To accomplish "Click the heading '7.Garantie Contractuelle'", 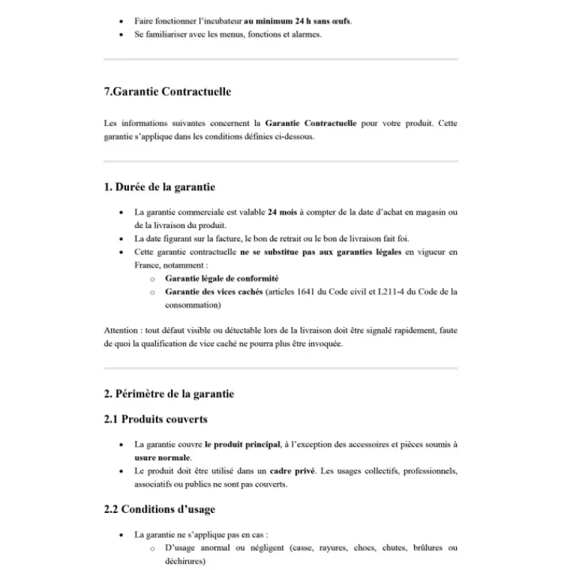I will click(167, 92).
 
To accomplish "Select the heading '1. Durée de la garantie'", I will click(160, 187).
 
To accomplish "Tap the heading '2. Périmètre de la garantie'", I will click(169, 393).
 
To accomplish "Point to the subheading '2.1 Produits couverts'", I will click(155, 419).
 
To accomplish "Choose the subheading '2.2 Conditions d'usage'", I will click(160, 509).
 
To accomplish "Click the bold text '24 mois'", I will click(282, 212).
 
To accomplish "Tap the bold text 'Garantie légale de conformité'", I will click(222, 279).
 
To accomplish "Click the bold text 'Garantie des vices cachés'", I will click(216, 292).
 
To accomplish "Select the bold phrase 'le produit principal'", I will click(242, 445).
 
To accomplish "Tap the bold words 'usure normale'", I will click(162, 457).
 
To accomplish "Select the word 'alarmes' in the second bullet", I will click(305, 34).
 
